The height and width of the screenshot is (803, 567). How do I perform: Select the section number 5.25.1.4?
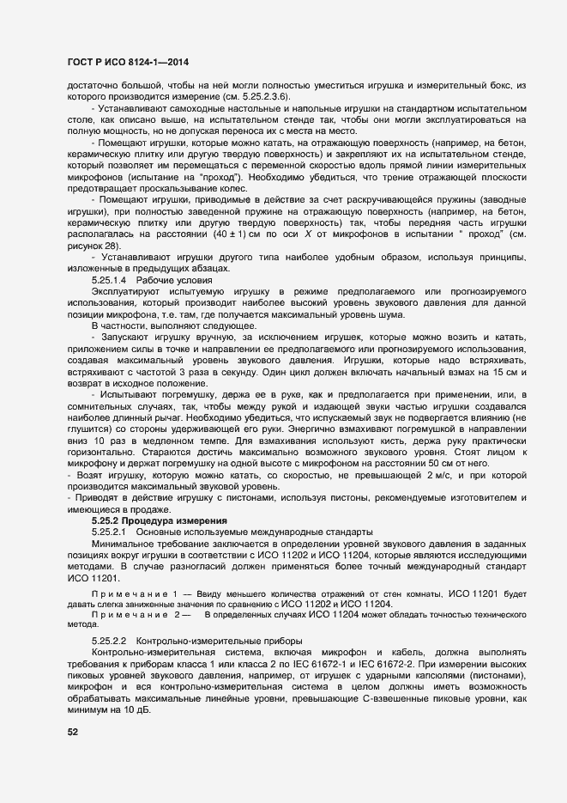[109, 281]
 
